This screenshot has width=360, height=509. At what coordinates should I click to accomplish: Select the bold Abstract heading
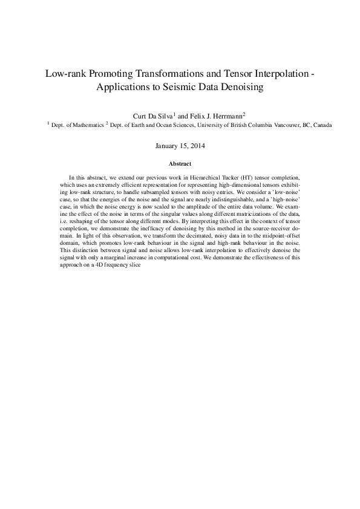click(x=180, y=164)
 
